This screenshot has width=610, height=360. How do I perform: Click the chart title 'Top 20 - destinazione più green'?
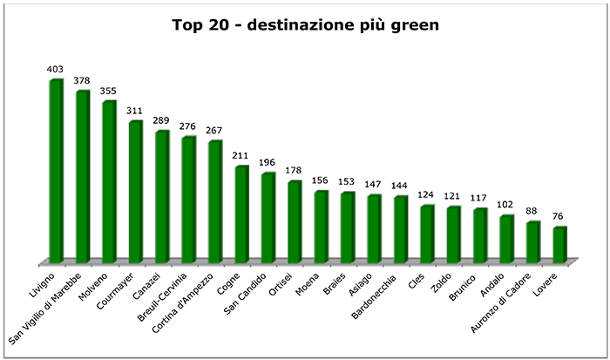[304, 25]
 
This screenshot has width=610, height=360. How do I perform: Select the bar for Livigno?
[56, 170]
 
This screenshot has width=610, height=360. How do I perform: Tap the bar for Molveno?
[109, 181]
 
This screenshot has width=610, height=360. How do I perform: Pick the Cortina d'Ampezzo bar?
[214, 200]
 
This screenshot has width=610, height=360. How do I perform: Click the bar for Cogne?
[241, 214]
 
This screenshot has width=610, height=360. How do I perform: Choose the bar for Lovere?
[559, 244]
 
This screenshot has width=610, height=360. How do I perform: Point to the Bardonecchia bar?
[401, 228]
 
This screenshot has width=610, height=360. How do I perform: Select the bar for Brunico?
[480, 234]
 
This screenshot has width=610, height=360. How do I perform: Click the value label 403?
[57, 69]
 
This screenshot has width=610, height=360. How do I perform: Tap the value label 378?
[83, 80]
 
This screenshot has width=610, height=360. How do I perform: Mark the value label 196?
[269, 163]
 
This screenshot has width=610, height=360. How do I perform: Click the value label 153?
[349, 182]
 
